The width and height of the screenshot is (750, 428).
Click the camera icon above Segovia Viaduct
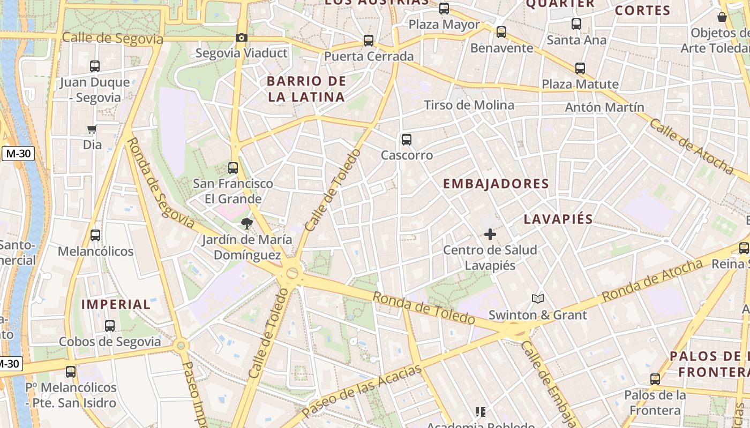pyautogui.click(x=242, y=37)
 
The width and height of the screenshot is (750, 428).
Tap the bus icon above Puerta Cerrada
pyautogui.click(x=368, y=41)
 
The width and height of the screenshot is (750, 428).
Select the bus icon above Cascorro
pyautogui.click(x=407, y=140)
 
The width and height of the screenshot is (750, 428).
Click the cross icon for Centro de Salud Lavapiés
pyautogui.click(x=490, y=234)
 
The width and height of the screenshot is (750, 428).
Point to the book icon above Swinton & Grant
pyautogui.click(x=538, y=299)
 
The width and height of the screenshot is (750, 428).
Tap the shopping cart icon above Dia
pyautogui.click(x=92, y=129)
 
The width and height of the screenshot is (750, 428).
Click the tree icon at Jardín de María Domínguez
pyautogui.click(x=246, y=223)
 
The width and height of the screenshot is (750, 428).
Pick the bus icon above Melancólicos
pyautogui.click(x=95, y=235)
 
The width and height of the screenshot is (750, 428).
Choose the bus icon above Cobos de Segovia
pyautogui.click(x=110, y=325)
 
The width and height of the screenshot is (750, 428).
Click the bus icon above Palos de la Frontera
pyautogui.click(x=655, y=379)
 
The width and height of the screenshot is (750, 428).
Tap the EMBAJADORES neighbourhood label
pyautogui.click(x=496, y=184)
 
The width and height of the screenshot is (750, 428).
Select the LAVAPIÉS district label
pyautogui.click(x=559, y=219)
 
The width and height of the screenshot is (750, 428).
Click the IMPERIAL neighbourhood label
pyautogui.click(x=116, y=304)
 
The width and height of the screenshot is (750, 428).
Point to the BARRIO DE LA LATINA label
pyautogui.click(x=306, y=89)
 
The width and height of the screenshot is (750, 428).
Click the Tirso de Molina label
pyautogui.click(x=469, y=105)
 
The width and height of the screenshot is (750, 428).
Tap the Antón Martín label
pyautogui.click(x=605, y=108)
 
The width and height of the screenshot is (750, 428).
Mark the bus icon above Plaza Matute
pyautogui.click(x=580, y=68)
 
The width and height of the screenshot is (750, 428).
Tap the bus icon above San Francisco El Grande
pyautogui.click(x=232, y=167)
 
